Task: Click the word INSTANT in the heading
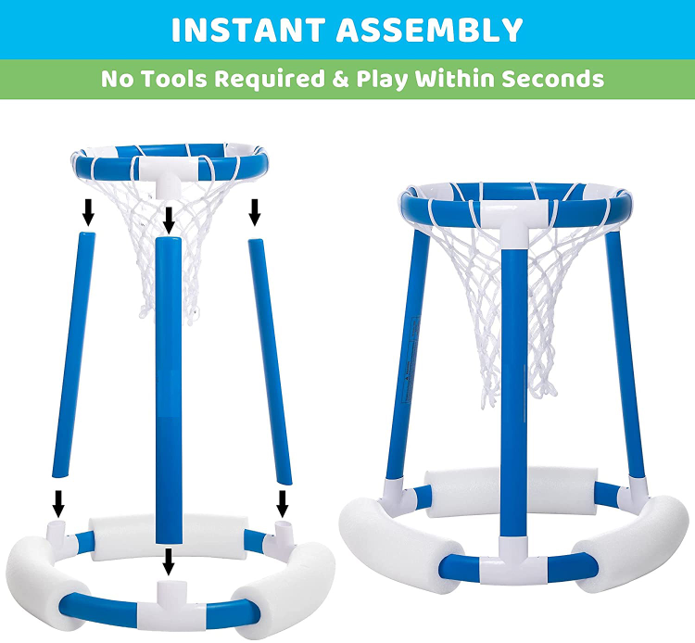249,31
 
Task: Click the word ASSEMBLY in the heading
429,31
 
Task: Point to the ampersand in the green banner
340,80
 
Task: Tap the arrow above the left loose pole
89,211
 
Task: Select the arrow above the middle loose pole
169,221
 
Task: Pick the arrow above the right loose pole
254,211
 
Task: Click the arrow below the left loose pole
58,503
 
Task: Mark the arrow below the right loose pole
282,503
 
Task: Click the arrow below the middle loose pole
168,561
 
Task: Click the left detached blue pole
74,355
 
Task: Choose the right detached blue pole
270,361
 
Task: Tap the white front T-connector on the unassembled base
168,599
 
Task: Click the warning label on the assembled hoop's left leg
411,359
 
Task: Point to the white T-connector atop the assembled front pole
514,223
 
